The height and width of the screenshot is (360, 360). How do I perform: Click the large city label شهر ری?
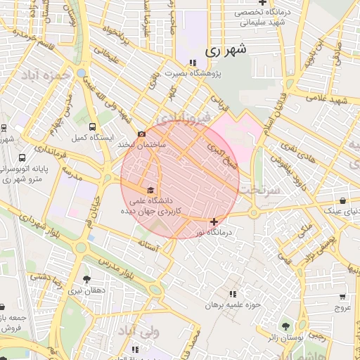(227, 51)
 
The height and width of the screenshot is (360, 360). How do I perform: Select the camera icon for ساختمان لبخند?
(142, 134)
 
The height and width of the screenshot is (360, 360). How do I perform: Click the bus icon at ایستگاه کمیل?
(94, 127)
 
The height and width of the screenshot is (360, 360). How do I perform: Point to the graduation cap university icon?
(149, 190)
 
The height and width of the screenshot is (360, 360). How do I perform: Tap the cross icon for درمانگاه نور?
(214, 221)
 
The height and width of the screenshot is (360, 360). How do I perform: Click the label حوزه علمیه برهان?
(233, 305)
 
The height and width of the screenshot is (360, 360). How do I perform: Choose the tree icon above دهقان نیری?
(87, 279)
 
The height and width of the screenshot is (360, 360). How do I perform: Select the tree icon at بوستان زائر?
(285, 327)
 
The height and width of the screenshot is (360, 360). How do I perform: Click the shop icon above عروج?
(342, 297)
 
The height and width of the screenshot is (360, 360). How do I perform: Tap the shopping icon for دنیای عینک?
(342, 200)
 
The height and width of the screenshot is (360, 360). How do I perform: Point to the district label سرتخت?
(259, 190)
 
